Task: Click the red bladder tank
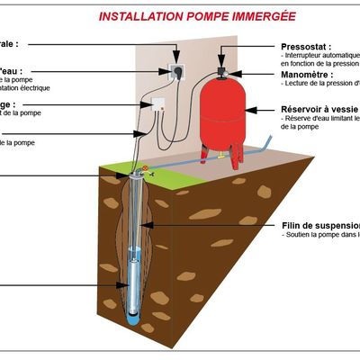[x=221, y=112]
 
